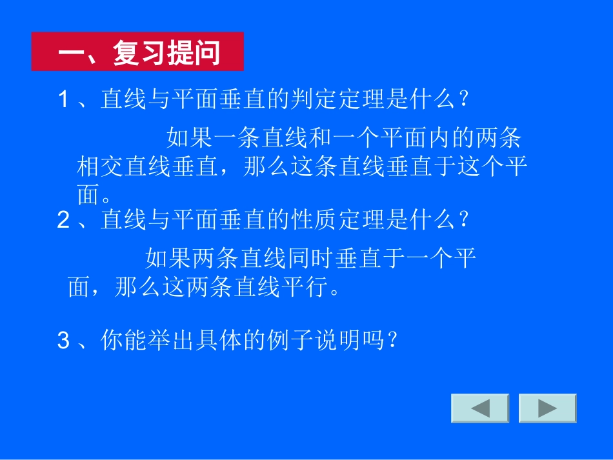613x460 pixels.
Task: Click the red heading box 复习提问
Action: pyautogui.click(x=137, y=52)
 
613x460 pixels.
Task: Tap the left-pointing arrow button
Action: pyautogui.click(x=479, y=408)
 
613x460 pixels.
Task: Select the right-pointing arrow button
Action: pyautogui.click(x=547, y=408)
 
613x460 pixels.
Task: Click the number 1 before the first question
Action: pyautogui.click(x=63, y=100)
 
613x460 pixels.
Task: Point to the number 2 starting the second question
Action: pyautogui.click(x=63, y=221)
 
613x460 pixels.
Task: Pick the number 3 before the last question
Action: pyautogui.click(x=63, y=340)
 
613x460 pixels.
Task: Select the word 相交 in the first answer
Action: pyautogui.click(x=101, y=167)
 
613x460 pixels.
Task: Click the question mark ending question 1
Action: pyautogui.click(x=462, y=100)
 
